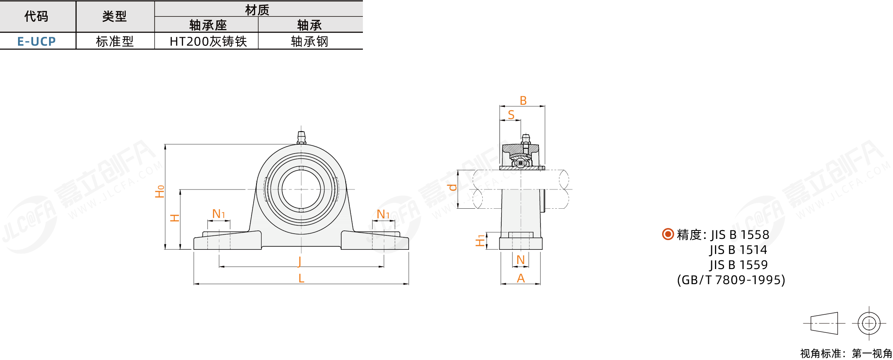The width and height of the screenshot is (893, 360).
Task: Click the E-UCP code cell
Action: pyautogui.click(x=36, y=41)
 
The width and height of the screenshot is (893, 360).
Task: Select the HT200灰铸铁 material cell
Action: pyautogui.click(x=208, y=41)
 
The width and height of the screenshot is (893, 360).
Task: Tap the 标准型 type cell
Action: pyautogui.click(x=115, y=41)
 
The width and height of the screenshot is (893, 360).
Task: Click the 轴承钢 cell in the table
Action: pyautogui.click(x=310, y=41)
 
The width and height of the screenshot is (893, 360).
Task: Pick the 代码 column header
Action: pyautogui.click(x=36, y=16)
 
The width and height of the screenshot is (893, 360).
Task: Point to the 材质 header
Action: pyautogui.click(x=257, y=10)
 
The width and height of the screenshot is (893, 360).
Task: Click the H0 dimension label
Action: pyautogui.click(x=160, y=191)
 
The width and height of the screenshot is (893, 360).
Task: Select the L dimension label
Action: pyautogui.click(x=301, y=278)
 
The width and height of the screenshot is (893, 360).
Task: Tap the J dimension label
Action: pyautogui.click(x=300, y=261)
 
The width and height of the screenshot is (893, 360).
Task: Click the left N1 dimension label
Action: pyautogui.click(x=219, y=214)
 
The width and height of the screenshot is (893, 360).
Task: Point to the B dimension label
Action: pyautogui.click(x=523, y=101)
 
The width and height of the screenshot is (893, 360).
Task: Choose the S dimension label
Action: pyautogui.click(x=511, y=114)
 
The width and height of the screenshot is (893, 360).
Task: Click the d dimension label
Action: pyautogui.click(x=452, y=187)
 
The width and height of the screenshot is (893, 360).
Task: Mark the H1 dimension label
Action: pyautogui.click(x=480, y=241)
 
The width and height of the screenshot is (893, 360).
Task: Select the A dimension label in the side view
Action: pyautogui.click(x=521, y=278)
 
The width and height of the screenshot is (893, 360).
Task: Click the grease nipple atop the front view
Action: pyautogui.click(x=301, y=137)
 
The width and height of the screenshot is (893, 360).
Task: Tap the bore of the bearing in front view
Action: pyautogui.click(x=301, y=189)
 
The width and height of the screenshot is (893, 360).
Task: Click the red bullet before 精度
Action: pyautogui.click(x=668, y=234)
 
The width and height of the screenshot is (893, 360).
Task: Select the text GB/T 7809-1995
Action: pyautogui.click(x=731, y=280)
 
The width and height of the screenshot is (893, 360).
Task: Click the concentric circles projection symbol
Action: pyautogui.click(x=869, y=323)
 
